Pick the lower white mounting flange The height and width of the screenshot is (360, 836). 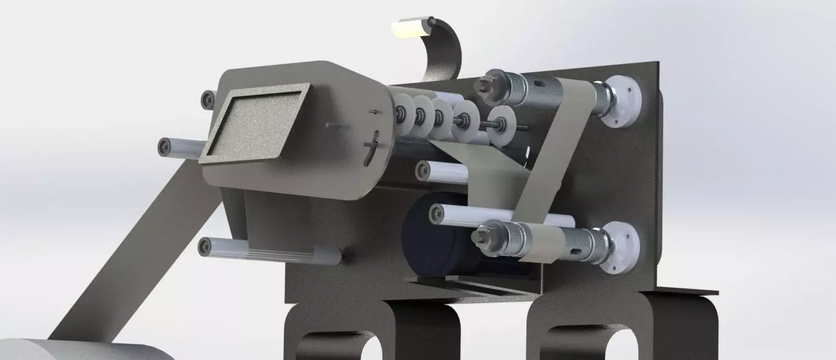click(x=622, y=248)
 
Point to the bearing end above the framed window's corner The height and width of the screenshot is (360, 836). click(x=208, y=99)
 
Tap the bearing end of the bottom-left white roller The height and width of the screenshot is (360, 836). click(x=206, y=247)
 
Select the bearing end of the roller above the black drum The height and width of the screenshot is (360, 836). click(x=423, y=170)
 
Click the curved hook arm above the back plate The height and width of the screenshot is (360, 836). click(x=446, y=52)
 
